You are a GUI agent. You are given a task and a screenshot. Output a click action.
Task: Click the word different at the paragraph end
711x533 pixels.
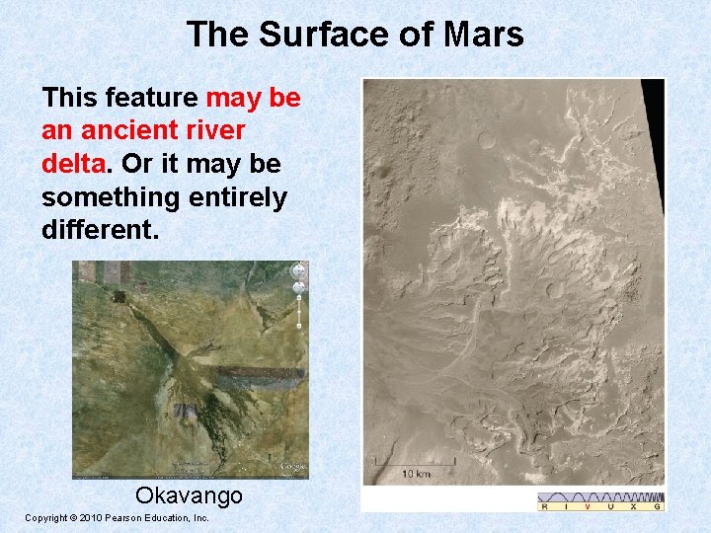[x=99, y=230]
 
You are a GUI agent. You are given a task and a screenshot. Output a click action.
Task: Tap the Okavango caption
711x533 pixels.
[x=188, y=495]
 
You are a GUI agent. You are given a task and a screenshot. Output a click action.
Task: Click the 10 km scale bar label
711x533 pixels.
[x=415, y=474]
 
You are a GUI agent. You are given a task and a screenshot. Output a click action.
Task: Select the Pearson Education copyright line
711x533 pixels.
[x=117, y=518]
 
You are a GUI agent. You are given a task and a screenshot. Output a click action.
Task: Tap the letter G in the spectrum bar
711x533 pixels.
[x=656, y=506]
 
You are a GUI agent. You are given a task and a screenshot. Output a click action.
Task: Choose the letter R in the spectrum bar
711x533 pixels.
[x=545, y=506]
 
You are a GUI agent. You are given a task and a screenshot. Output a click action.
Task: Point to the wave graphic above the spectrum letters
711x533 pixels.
[x=600, y=496]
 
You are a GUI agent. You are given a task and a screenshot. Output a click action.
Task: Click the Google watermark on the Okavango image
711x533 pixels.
[x=292, y=467]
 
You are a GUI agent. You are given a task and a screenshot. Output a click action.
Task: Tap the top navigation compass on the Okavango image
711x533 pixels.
[x=297, y=270]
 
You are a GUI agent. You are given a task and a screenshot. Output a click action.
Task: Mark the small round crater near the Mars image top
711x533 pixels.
[x=488, y=140]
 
